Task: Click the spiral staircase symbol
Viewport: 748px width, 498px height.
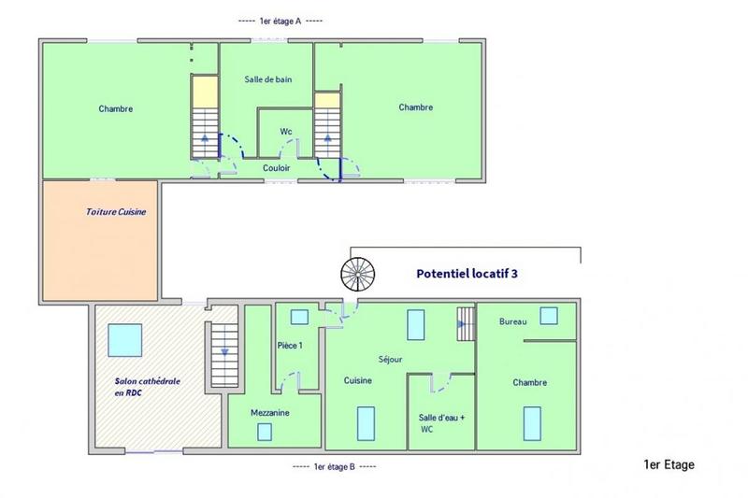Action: pyautogui.click(x=356, y=273)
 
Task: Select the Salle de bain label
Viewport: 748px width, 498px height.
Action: pyautogui.click(x=268, y=79)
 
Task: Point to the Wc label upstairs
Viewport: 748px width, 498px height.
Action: pyautogui.click(x=286, y=131)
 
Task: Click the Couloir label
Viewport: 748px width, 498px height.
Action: pyautogui.click(x=276, y=167)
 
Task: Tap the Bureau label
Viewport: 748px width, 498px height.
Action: pyautogui.click(x=513, y=321)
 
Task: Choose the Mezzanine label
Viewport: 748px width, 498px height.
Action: pyautogui.click(x=268, y=411)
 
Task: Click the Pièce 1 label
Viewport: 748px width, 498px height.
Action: pyautogui.click(x=291, y=346)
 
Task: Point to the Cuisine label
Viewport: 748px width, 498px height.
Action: pyautogui.click(x=358, y=380)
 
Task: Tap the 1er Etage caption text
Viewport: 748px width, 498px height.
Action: pyautogui.click(x=669, y=464)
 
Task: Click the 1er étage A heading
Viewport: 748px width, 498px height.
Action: pyautogui.click(x=281, y=21)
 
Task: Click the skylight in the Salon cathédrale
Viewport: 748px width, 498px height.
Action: pyautogui.click(x=124, y=340)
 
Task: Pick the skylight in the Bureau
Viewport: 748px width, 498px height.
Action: pyautogui.click(x=549, y=315)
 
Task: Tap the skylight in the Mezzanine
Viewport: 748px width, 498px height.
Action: pyautogui.click(x=265, y=431)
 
